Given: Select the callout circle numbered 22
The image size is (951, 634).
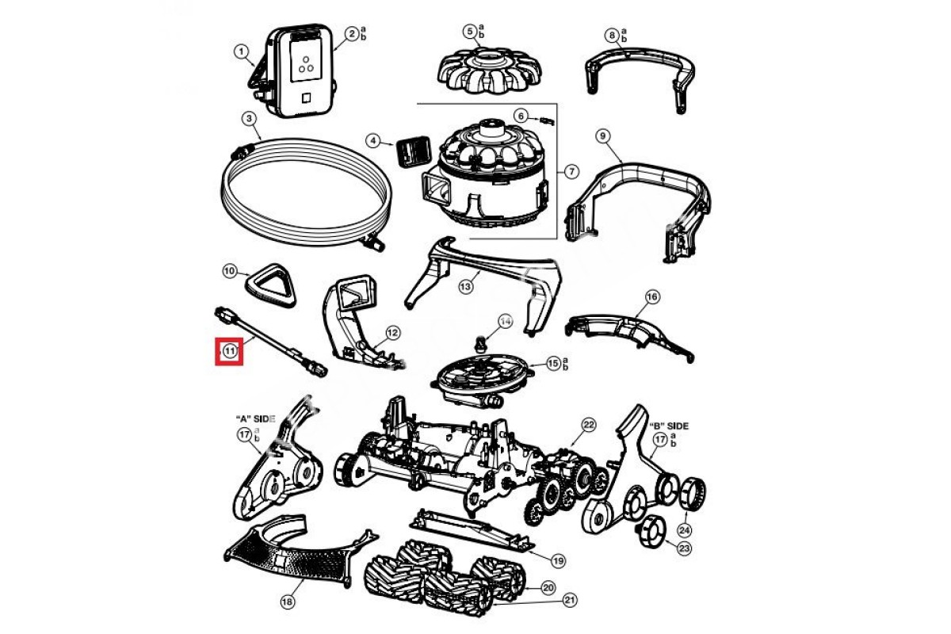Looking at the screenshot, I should tap(588, 425).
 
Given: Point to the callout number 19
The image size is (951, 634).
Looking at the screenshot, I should tap(558, 560).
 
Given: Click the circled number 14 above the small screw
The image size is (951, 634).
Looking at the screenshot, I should tap(505, 321).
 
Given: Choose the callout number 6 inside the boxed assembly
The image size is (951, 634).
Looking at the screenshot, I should tap(521, 116).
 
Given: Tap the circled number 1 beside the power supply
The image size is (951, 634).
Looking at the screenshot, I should tap(241, 52).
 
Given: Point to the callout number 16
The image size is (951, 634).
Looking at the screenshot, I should tap(651, 296).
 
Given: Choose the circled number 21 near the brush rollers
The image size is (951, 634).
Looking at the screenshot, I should tap(569, 602).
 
